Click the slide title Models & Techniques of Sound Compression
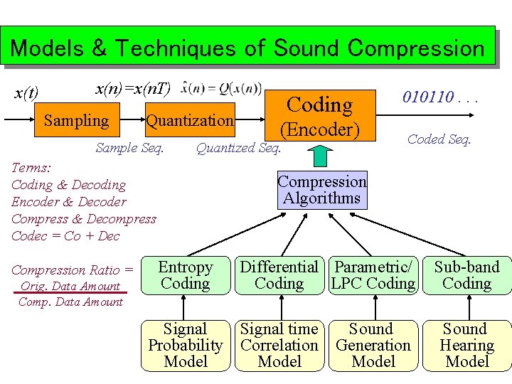247,48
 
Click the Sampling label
76,120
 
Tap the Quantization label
189,120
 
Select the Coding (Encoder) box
319,117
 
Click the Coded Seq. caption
439,139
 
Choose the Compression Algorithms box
322,190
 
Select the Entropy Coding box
186,275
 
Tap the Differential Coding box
279,275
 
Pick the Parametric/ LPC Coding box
373,275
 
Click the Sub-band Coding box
467,275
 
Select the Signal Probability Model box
186,346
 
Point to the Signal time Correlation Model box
279,346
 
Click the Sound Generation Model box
373,346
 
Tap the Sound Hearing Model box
467,346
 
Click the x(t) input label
27,93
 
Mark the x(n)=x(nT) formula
133,88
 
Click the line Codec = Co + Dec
65,236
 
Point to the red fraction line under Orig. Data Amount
70,294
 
